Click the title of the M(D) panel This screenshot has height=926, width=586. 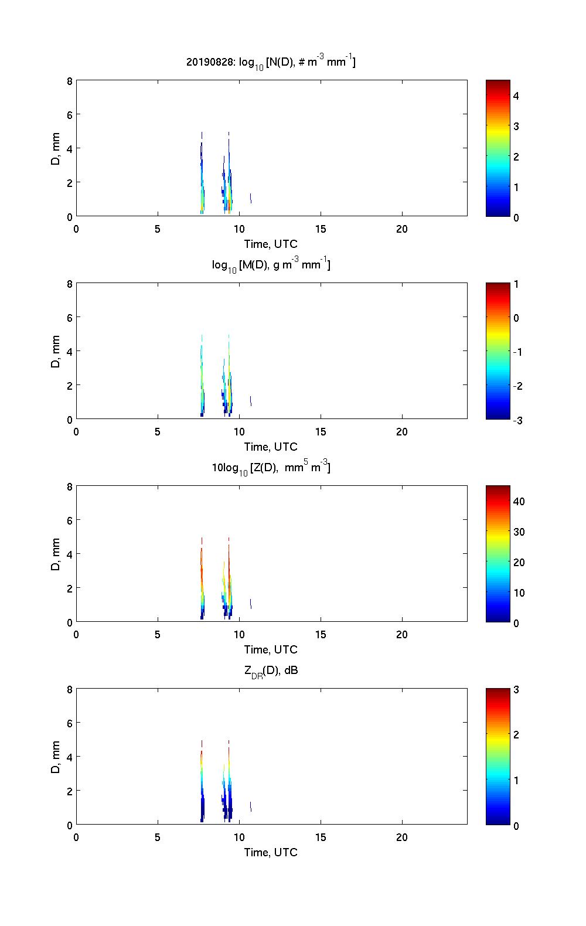click(271, 265)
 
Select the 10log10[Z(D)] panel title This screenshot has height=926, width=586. click(271, 468)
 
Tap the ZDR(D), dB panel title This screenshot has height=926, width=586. click(271, 671)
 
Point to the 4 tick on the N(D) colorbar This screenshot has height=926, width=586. click(516, 96)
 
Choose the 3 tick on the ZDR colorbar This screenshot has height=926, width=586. click(516, 690)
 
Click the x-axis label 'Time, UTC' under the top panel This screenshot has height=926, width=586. click(271, 244)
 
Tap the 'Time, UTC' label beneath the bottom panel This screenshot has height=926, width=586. click(271, 852)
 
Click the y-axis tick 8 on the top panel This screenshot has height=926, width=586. click(69, 81)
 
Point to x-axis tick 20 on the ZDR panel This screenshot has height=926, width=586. click(402, 837)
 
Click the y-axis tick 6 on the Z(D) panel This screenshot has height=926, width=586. click(69, 520)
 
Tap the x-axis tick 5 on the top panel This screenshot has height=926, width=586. click(158, 229)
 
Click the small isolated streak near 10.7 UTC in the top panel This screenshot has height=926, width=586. click(251, 198)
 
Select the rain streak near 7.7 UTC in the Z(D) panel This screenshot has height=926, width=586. click(202, 580)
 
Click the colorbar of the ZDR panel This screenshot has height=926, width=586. click(498, 757)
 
